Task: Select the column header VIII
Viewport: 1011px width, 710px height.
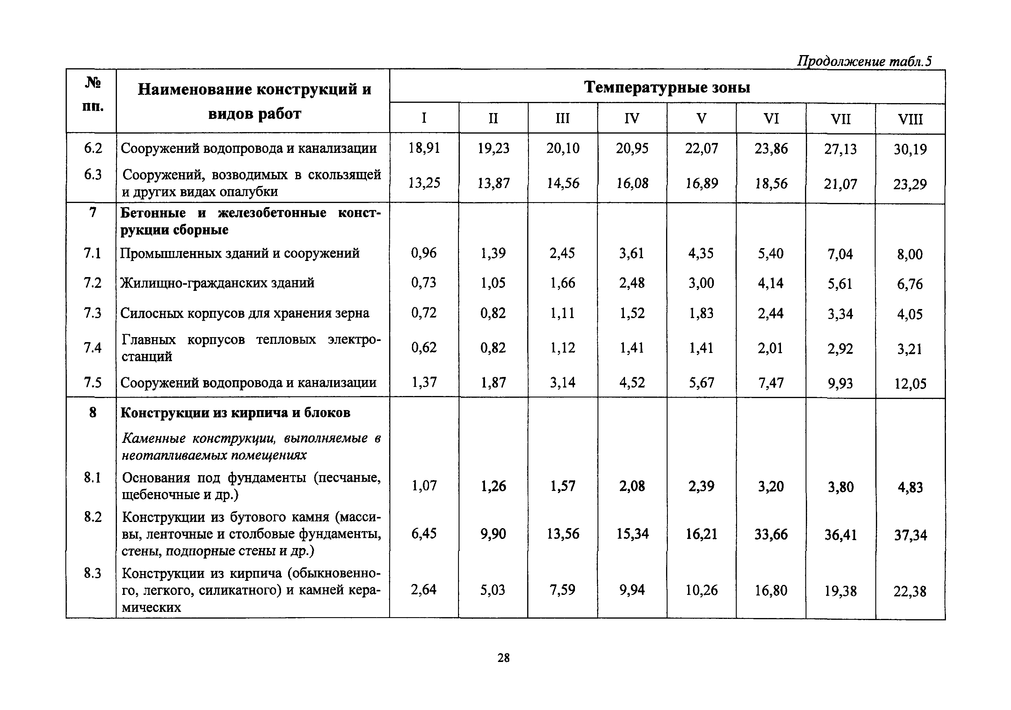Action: [x=910, y=119]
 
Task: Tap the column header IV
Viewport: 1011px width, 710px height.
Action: [x=632, y=118]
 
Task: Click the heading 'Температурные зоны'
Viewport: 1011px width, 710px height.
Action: [x=667, y=87]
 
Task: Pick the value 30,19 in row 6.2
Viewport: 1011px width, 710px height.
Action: [x=910, y=149]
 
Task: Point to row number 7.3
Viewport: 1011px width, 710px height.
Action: [x=93, y=313]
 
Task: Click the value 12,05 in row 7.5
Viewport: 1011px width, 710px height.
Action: [x=910, y=384]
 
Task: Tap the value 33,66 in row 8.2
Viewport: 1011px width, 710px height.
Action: [x=771, y=534]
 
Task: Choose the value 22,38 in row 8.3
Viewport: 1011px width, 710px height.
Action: [x=910, y=591]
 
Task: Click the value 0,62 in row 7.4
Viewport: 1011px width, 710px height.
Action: [x=424, y=348]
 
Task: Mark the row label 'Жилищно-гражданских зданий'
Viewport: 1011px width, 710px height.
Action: [x=217, y=283]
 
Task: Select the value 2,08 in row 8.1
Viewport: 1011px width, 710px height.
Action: [x=632, y=486]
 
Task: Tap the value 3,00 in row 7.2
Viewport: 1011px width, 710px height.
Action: [x=701, y=283]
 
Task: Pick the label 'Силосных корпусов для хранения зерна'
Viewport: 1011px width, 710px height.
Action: [x=245, y=313]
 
